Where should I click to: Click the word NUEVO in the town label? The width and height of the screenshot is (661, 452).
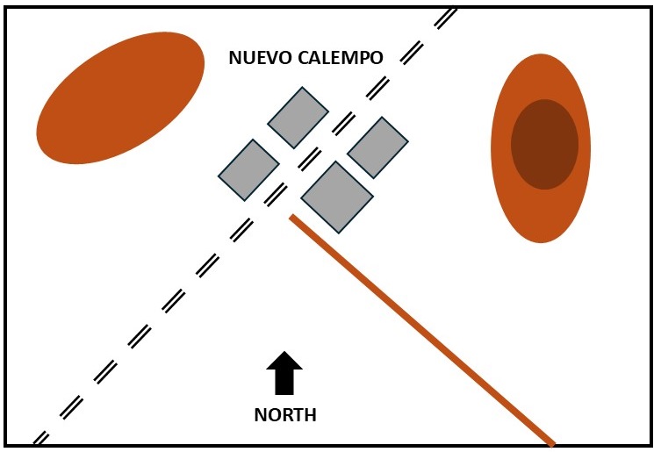[x=255, y=58]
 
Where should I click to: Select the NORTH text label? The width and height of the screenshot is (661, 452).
[x=284, y=415]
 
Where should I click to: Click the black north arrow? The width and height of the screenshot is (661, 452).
[x=284, y=373]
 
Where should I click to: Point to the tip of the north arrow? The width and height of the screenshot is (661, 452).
[x=284, y=353]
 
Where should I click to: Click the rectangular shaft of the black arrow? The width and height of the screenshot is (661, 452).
[x=284, y=383]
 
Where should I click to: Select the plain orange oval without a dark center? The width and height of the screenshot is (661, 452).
[x=120, y=97]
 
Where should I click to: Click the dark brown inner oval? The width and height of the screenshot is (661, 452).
[x=544, y=144]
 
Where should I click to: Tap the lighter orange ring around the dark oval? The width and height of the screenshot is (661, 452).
[x=541, y=215]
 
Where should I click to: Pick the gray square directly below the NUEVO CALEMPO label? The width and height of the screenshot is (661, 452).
[x=298, y=118]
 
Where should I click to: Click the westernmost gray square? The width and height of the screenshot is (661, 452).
[x=248, y=169]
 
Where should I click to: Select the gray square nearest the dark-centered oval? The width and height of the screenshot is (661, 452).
[x=378, y=147]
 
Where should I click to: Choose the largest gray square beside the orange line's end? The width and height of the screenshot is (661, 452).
[x=337, y=197]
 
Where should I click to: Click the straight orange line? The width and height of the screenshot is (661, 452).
[x=421, y=329]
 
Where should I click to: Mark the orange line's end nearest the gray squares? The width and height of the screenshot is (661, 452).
[x=293, y=217]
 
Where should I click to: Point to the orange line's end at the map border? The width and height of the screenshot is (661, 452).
[x=550, y=442]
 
